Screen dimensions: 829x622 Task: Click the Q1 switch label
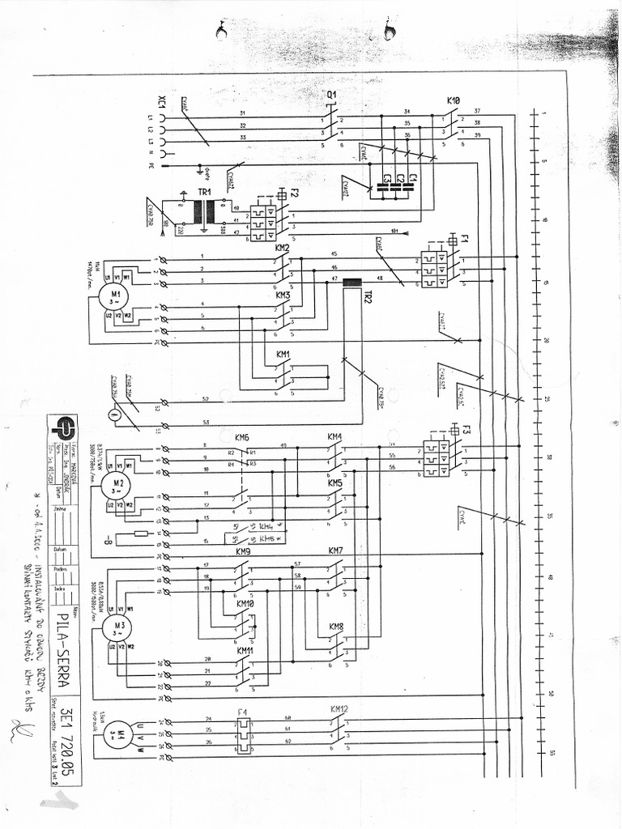331,95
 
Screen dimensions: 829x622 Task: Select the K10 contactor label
454,100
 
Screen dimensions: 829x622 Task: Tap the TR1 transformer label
204,192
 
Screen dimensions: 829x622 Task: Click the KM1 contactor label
283,355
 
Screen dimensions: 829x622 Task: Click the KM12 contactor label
339,709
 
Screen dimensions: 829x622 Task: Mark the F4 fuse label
241,712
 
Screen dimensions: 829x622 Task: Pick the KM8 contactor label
336,627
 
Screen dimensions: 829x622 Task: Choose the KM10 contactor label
245,604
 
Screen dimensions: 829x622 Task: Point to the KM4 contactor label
334,437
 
